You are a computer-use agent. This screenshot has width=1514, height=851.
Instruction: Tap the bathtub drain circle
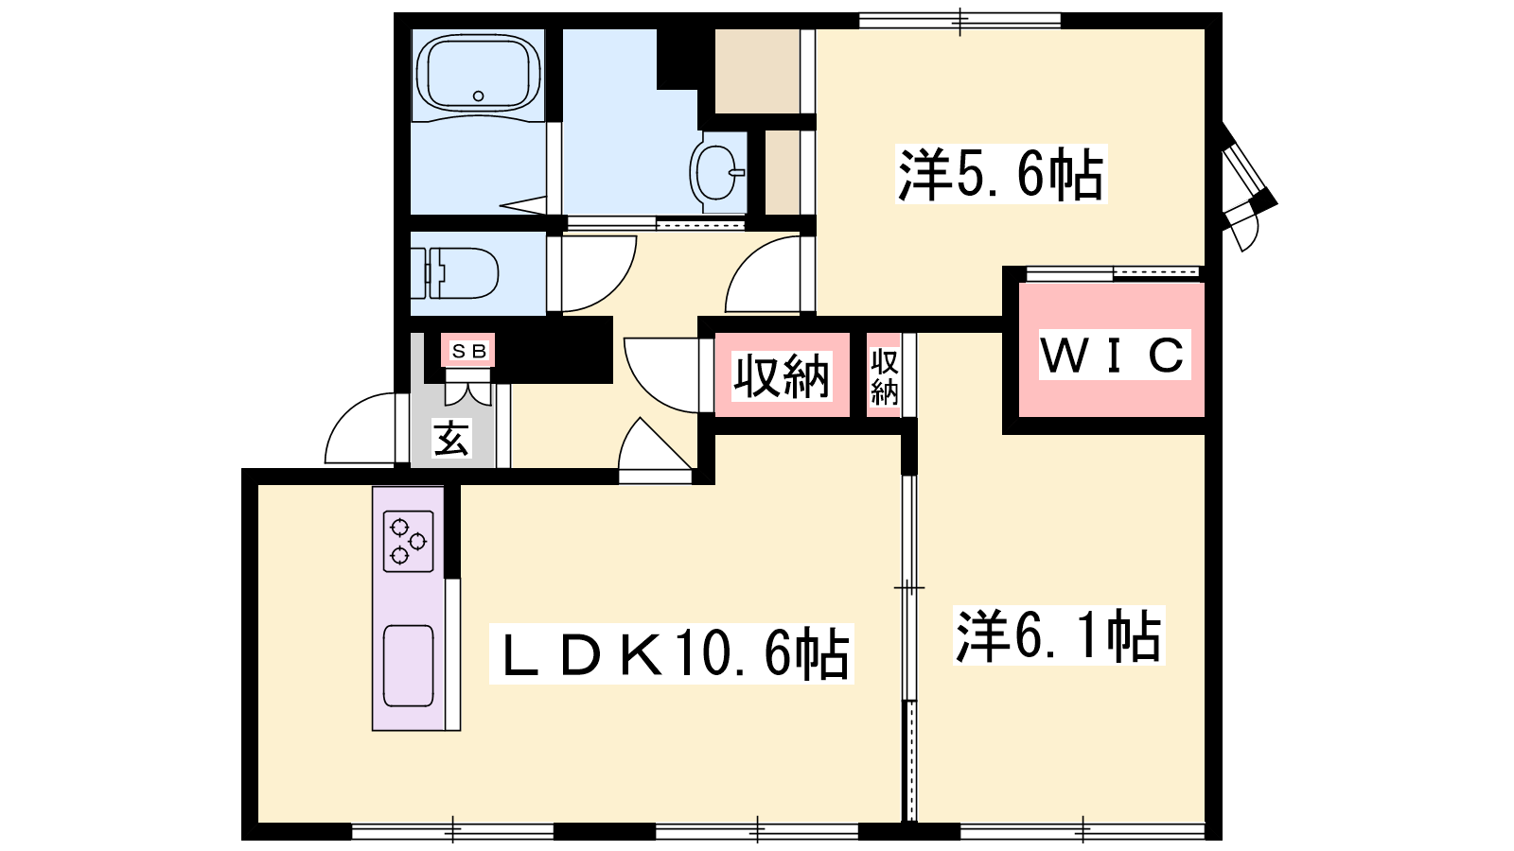point(479,96)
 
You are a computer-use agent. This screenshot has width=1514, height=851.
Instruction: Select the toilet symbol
point(454,273)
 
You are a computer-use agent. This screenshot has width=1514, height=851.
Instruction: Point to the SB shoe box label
point(468,351)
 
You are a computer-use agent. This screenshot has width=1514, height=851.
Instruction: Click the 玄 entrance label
point(451,439)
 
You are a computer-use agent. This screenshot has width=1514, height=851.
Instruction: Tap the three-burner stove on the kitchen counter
point(408,541)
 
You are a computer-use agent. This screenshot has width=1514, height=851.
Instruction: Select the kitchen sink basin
point(408,666)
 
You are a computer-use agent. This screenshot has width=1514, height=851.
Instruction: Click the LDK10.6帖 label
point(671,653)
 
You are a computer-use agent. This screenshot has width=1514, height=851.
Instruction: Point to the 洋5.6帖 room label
point(1001,174)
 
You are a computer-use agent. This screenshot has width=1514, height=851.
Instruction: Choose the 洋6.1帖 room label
point(1059,634)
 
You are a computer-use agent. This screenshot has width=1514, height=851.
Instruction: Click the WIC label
point(1114,355)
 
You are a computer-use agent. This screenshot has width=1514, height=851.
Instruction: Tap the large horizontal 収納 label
point(782,375)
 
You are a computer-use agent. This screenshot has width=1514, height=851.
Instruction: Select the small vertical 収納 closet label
point(884,377)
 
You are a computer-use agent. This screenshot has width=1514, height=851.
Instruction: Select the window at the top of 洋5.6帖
point(959,20)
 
